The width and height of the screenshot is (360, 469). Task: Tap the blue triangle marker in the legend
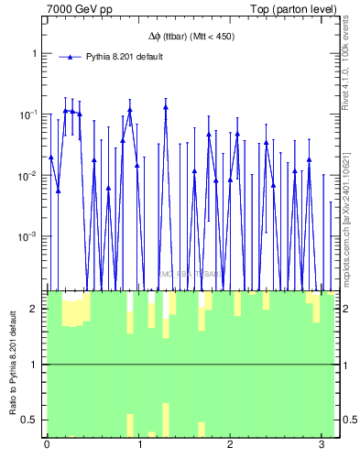coord(70,57)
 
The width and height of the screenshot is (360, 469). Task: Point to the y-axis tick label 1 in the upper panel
coord(35,53)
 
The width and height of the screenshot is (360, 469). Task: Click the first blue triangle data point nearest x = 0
coord(51,157)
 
